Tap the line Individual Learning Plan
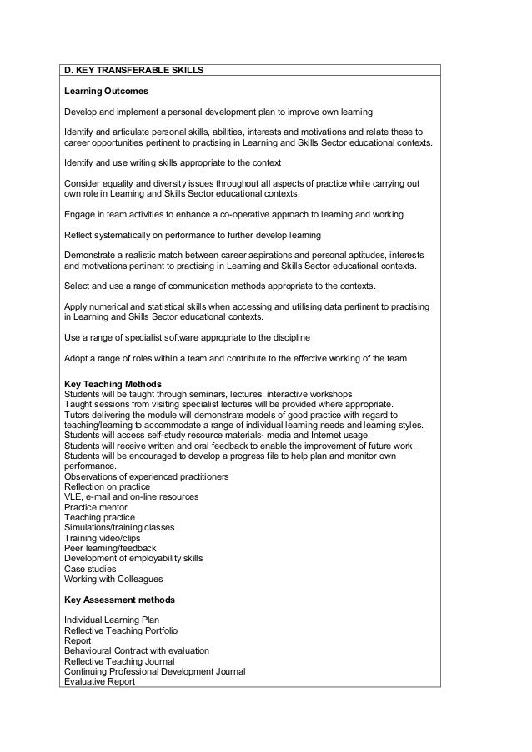click(111, 620)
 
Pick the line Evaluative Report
click(99, 682)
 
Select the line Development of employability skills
click(133, 559)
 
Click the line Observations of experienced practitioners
click(147, 476)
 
